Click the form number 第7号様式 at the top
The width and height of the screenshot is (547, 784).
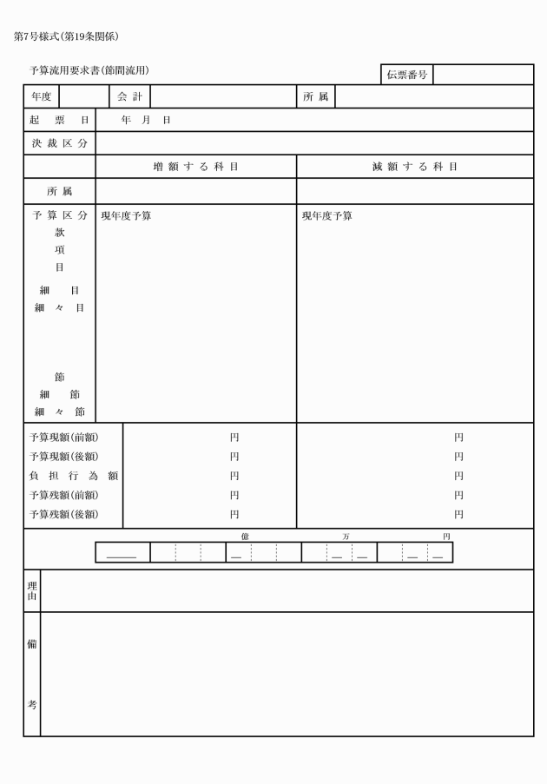tap(39, 36)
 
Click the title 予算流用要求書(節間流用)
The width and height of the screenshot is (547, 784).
tap(89, 69)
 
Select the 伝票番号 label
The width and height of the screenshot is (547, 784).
tap(406, 75)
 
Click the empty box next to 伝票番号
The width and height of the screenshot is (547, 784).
tap(483, 75)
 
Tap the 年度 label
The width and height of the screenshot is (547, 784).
tap(41, 96)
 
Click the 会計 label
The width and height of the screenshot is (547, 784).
tap(129, 96)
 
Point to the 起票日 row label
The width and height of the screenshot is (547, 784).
tap(59, 120)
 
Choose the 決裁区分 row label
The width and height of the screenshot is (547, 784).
tap(59, 143)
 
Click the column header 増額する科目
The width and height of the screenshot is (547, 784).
tap(196, 167)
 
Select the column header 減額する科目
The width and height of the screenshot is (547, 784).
tap(415, 167)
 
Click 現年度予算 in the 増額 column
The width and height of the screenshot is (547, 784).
tap(126, 215)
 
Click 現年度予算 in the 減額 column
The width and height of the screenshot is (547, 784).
tap(327, 215)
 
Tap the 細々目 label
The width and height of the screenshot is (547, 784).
tap(59, 307)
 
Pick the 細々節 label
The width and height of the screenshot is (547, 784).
tap(59, 412)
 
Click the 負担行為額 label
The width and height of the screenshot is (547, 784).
tap(73, 476)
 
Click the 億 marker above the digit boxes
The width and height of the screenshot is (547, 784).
tap(245, 537)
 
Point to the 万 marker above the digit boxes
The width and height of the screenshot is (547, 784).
tap(346, 537)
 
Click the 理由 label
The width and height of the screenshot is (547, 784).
tap(32, 591)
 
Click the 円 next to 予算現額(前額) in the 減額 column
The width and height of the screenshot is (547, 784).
tap(458, 438)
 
